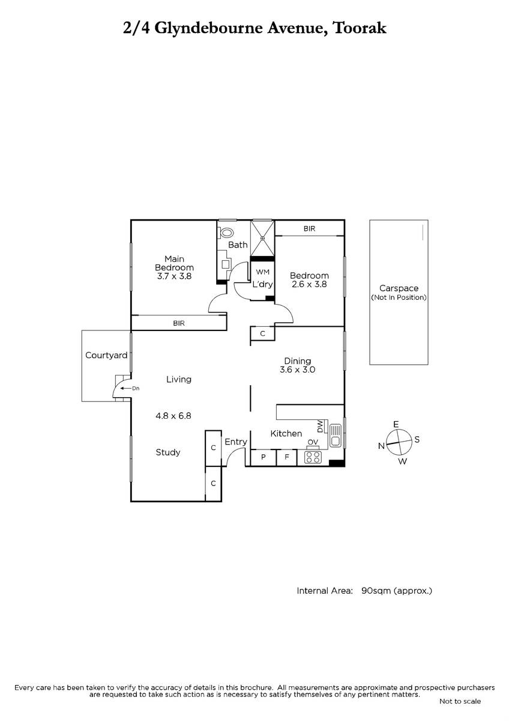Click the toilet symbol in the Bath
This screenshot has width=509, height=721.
click(x=226, y=233)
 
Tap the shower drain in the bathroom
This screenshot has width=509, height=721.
click(x=263, y=238)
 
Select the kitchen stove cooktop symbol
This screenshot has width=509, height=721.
click(x=313, y=457)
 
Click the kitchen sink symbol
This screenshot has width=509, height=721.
click(x=336, y=436)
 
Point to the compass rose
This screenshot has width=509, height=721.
click(x=399, y=442)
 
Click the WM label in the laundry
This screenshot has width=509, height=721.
click(x=263, y=272)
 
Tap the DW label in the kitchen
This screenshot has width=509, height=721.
click(x=319, y=427)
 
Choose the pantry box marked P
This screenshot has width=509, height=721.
click(x=264, y=457)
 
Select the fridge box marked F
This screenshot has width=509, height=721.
click(x=286, y=457)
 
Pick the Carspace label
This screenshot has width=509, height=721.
click(x=399, y=288)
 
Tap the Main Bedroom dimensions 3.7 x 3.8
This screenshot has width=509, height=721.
click(x=174, y=276)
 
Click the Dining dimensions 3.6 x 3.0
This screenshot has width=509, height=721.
click(x=298, y=370)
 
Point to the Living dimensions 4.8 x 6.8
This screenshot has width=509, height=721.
click(x=173, y=416)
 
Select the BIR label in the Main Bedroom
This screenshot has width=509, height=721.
click(x=179, y=323)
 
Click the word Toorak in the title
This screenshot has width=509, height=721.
click(x=360, y=28)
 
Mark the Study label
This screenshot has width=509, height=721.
click(x=168, y=452)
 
